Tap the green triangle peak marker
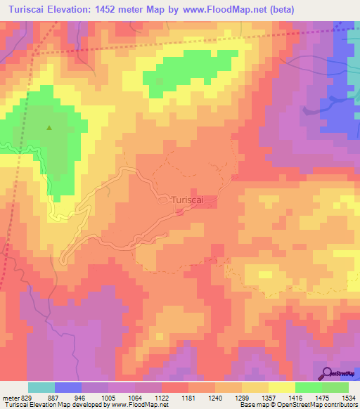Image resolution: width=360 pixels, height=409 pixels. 49,128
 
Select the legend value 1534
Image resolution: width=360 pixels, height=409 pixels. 349,398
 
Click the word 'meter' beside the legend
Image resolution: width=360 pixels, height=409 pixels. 8,398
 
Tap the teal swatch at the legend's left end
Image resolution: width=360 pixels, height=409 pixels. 41,387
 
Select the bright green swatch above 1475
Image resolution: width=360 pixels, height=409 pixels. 308,387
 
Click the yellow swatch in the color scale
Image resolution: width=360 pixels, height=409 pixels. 281,387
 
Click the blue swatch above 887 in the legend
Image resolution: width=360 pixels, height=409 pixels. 68,387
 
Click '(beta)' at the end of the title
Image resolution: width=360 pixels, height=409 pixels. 279,9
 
